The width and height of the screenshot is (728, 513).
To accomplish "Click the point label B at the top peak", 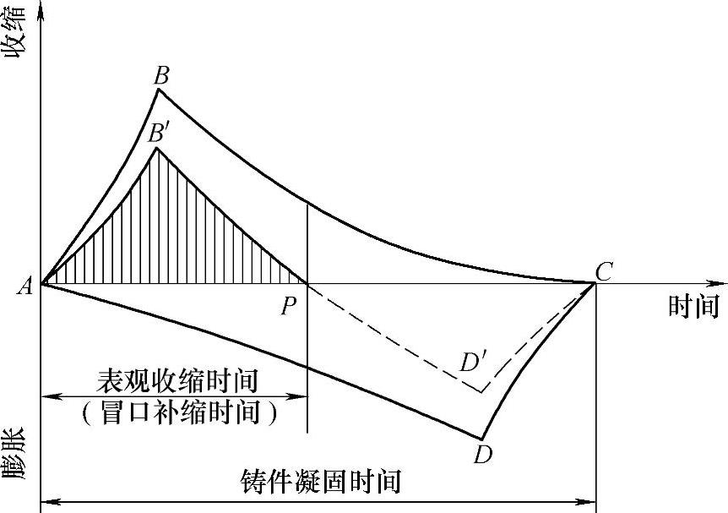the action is coord(160,75).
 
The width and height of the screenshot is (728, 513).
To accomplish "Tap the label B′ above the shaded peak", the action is coord(159,133).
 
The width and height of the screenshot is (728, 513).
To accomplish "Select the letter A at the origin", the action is coord(24,287).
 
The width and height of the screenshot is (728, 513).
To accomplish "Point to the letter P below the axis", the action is coord(290,304).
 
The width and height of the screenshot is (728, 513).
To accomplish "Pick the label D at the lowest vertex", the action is coord(483,454).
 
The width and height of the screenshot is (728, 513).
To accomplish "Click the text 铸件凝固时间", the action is coord(320,483).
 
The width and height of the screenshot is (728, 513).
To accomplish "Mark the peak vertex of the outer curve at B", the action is coord(159,89).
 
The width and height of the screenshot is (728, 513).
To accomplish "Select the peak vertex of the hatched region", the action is coord(156,149).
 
